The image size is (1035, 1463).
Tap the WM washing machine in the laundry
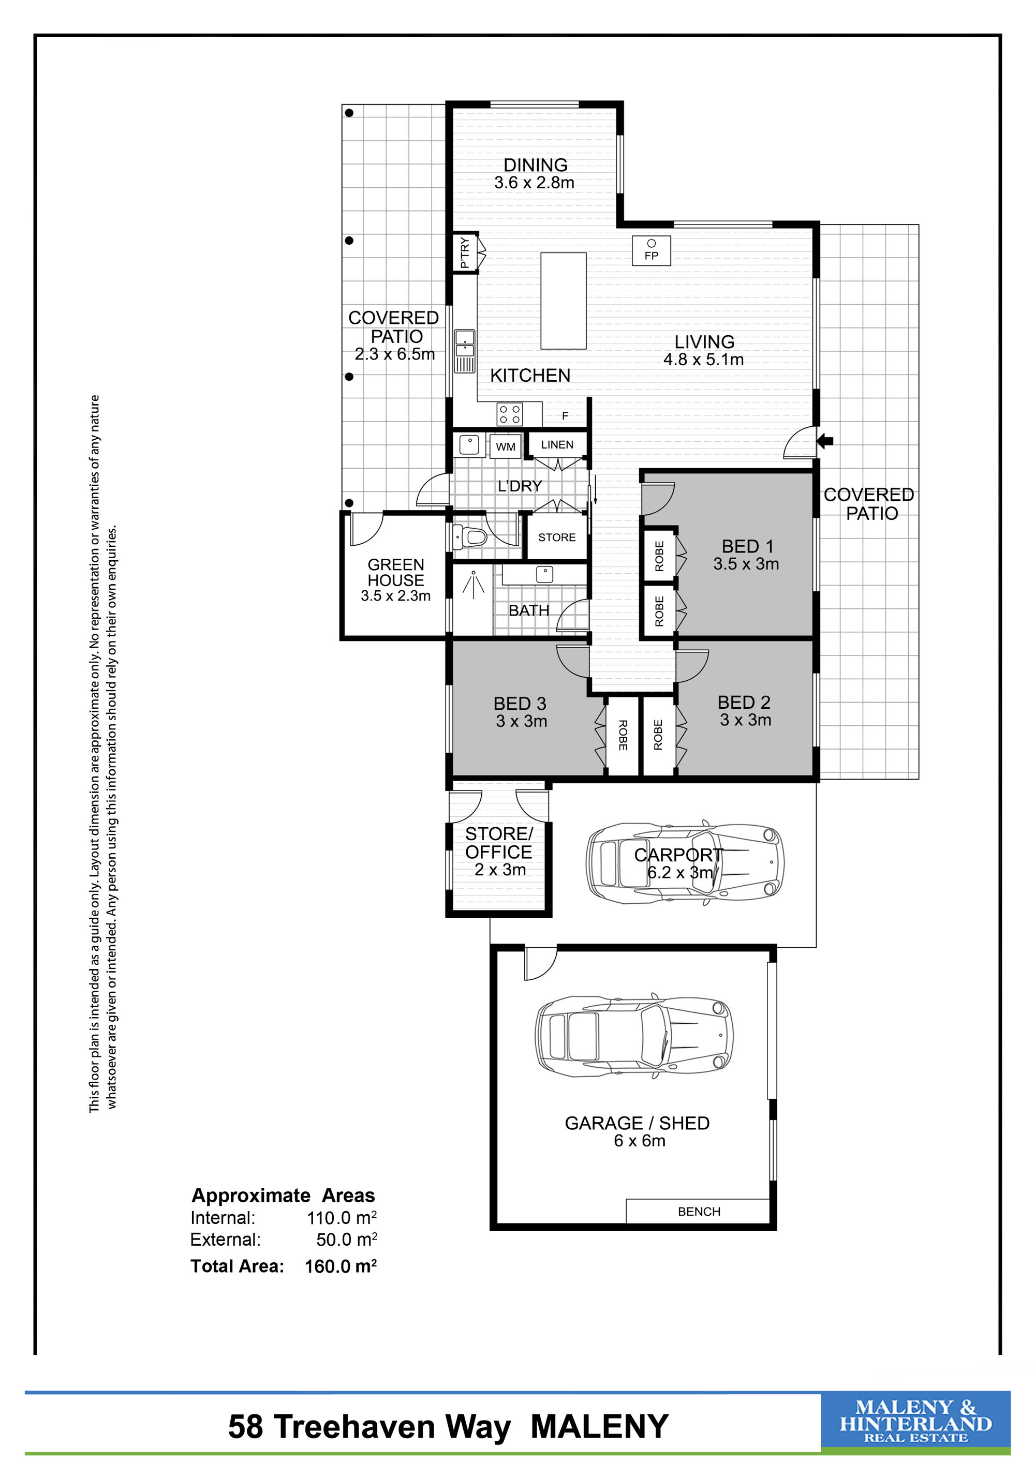(x=506, y=446)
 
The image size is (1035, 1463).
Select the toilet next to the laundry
(x=469, y=536)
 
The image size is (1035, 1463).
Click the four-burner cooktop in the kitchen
(x=510, y=414)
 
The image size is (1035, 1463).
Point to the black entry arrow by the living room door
(x=825, y=440)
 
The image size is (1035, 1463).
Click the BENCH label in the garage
(x=699, y=1211)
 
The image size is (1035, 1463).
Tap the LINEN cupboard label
(x=557, y=445)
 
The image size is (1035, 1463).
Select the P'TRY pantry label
(x=465, y=253)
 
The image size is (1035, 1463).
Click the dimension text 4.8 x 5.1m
(x=704, y=360)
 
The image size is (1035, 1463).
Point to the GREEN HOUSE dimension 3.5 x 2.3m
(x=396, y=596)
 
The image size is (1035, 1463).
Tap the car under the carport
(x=685, y=863)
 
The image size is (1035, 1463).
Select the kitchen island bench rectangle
(x=564, y=301)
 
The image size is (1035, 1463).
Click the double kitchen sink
(x=465, y=351)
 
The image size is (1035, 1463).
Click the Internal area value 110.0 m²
(x=342, y=1218)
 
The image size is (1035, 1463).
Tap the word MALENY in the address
(x=600, y=1427)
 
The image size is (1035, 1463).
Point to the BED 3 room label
(x=520, y=704)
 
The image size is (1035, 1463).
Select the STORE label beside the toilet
(x=557, y=537)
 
